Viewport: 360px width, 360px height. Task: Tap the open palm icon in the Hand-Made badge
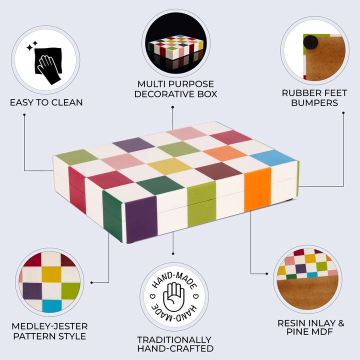coord(174,294)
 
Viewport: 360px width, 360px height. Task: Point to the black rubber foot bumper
coord(312,41)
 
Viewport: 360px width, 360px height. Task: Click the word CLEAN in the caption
coord(66,102)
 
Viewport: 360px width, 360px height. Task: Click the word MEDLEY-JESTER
coord(50,325)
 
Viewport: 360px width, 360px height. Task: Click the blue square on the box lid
coord(272,158)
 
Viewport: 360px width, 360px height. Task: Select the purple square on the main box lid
coord(133,144)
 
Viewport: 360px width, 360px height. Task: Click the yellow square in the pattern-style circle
coord(50,274)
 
